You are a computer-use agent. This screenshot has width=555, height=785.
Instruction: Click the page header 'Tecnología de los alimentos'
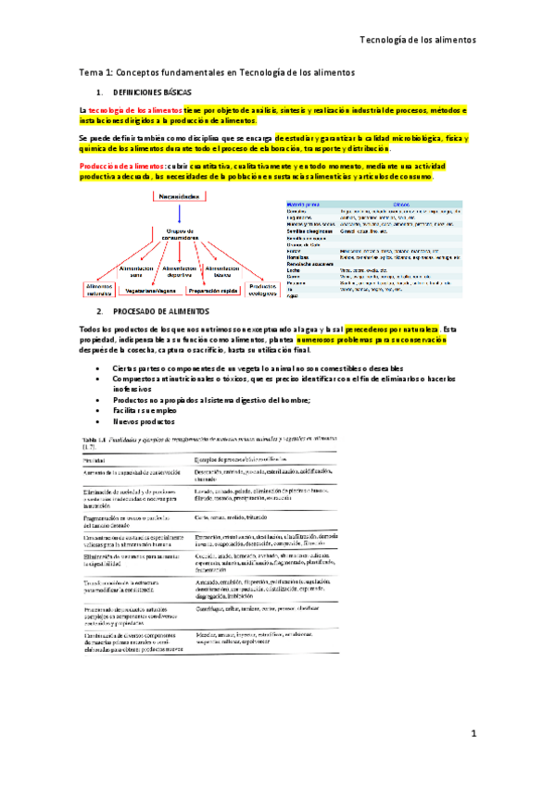(x=417, y=41)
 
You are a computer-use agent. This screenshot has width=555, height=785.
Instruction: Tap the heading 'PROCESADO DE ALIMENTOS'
(x=157, y=313)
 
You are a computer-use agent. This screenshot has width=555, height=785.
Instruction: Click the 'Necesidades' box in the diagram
(x=179, y=197)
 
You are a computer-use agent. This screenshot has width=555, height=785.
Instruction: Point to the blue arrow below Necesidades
(x=179, y=216)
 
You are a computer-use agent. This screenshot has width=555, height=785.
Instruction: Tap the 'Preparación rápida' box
(x=213, y=290)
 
